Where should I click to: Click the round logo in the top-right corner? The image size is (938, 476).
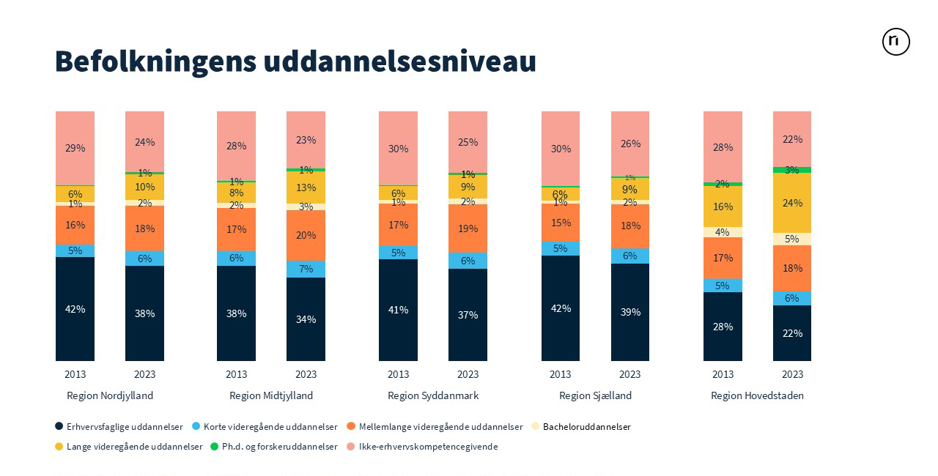(x=895, y=42)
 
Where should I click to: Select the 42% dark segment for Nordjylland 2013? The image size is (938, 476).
(x=75, y=309)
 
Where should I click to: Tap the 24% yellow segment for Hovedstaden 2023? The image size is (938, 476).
(x=792, y=203)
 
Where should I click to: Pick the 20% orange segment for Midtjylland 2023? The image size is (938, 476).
(x=306, y=235)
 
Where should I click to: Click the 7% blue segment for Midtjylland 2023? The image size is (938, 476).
(x=306, y=269)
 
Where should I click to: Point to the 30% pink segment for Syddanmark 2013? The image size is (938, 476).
(x=398, y=149)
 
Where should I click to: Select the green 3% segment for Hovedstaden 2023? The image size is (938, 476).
(x=792, y=170)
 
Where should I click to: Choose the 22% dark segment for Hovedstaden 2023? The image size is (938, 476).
(x=792, y=333)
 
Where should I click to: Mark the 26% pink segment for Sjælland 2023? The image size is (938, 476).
(x=630, y=144)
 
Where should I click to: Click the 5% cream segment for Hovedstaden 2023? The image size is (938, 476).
(x=792, y=239)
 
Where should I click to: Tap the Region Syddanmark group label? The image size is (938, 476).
(x=433, y=395)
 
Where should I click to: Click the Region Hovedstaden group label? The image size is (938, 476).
(x=757, y=395)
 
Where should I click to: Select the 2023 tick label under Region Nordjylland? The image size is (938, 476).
(x=144, y=374)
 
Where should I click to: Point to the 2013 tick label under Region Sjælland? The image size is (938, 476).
(x=560, y=374)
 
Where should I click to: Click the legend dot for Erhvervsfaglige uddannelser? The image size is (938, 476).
(x=59, y=426)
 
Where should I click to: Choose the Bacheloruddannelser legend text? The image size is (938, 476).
(x=586, y=426)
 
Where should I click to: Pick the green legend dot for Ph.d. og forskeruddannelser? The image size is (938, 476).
(x=215, y=446)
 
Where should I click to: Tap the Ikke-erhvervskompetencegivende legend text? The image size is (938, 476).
(x=428, y=446)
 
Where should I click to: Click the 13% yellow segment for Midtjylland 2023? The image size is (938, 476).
(x=306, y=187)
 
